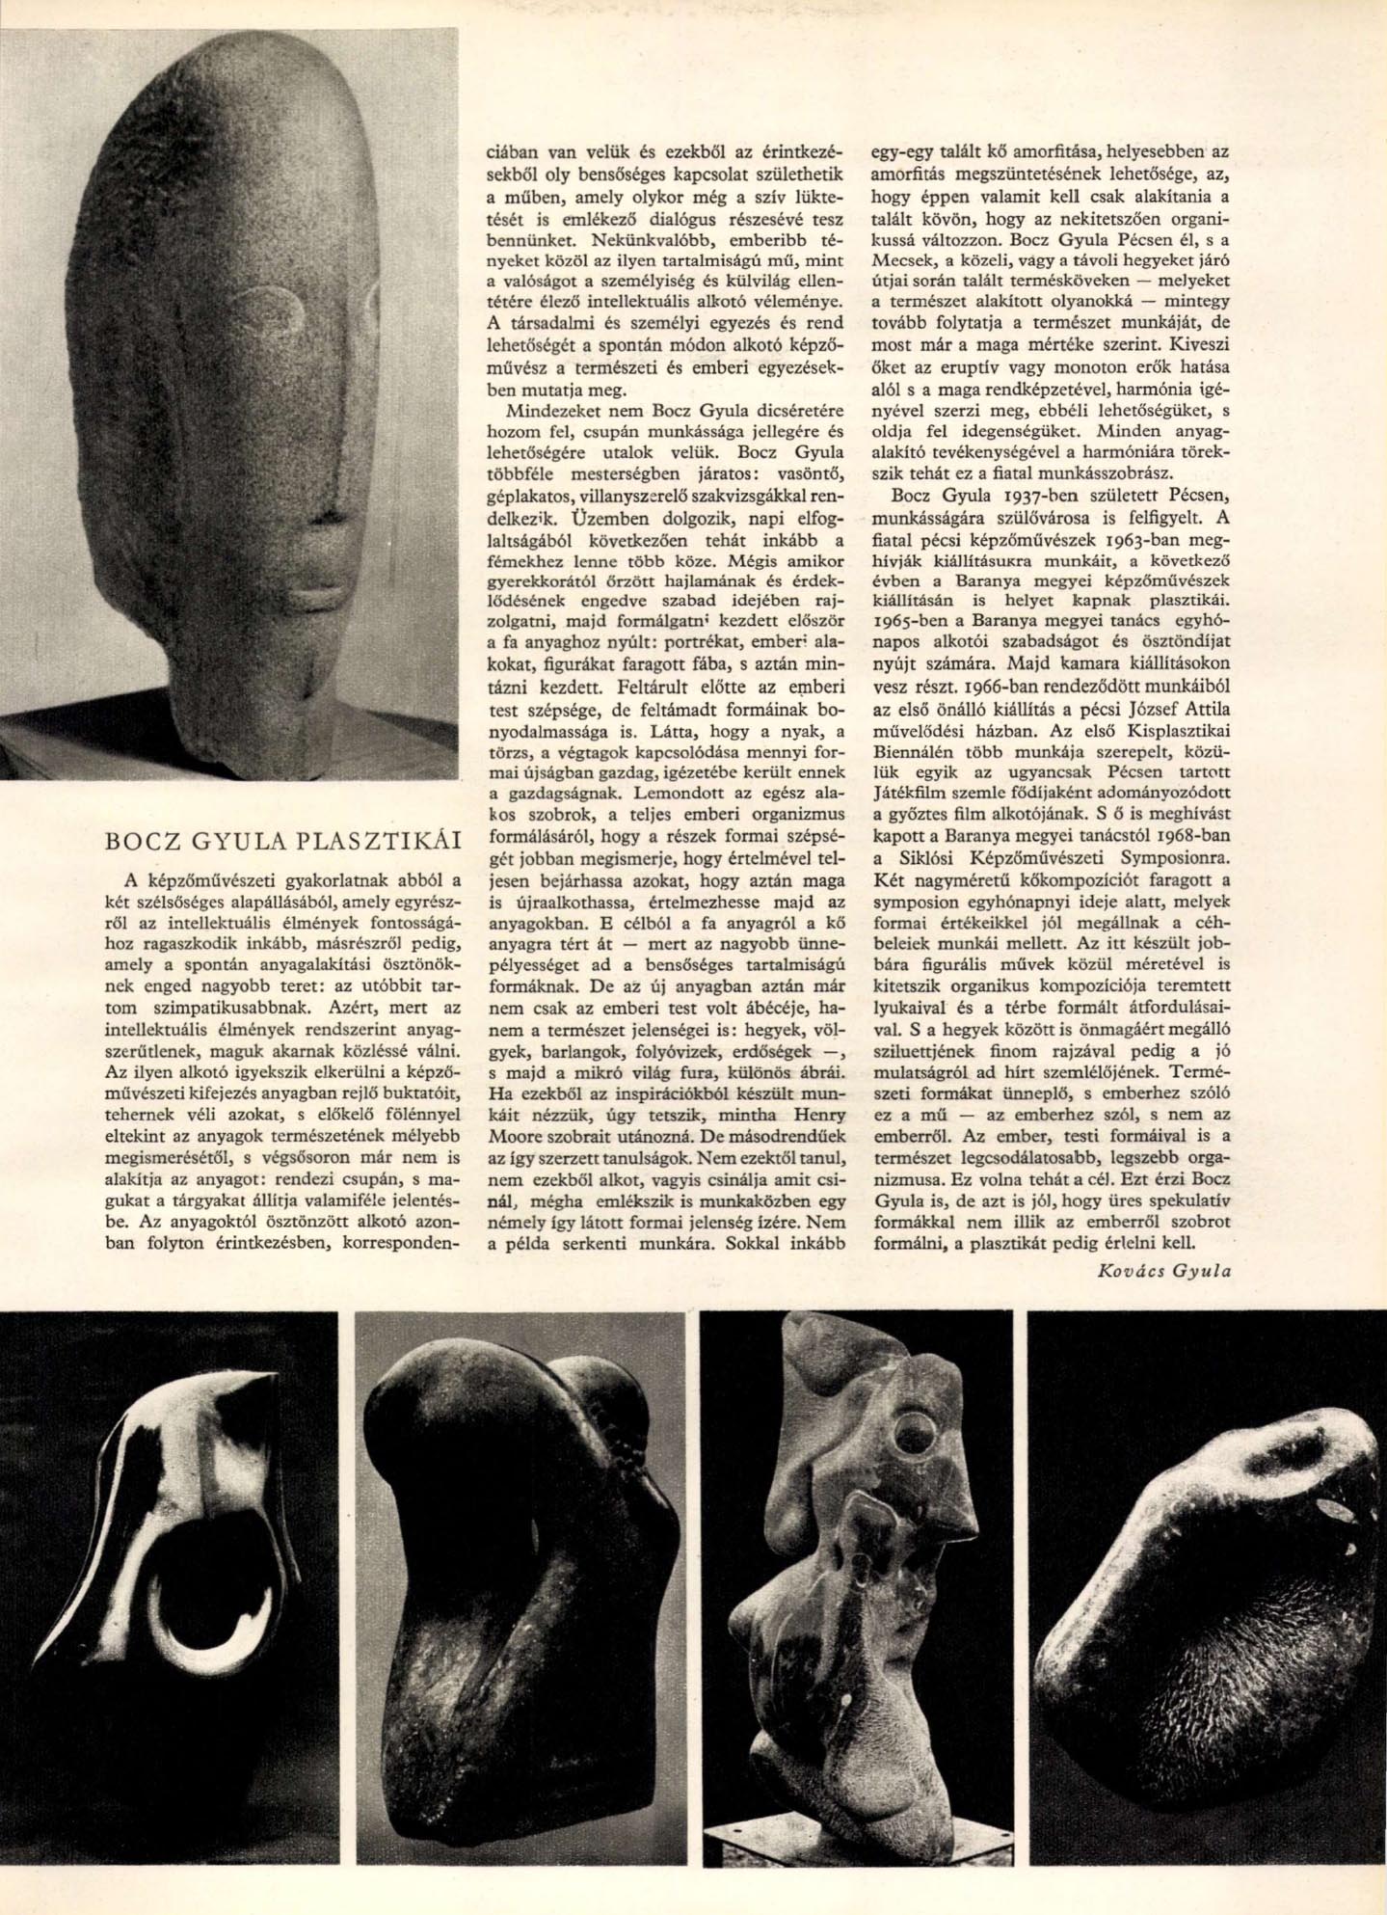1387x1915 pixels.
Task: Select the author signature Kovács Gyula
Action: point(1164,1270)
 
